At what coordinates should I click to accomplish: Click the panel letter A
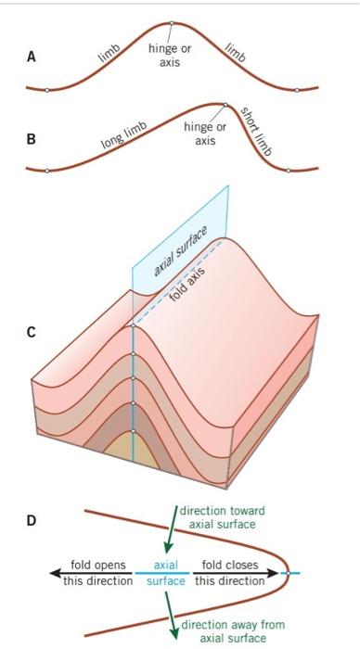tap(32, 57)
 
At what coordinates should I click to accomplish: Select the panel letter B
tap(32, 141)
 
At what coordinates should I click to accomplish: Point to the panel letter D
tap(32, 521)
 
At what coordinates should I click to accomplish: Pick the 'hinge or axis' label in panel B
tap(205, 134)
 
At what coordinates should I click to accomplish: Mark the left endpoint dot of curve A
tap(46, 89)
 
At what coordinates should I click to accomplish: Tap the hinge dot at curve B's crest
tap(225, 104)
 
